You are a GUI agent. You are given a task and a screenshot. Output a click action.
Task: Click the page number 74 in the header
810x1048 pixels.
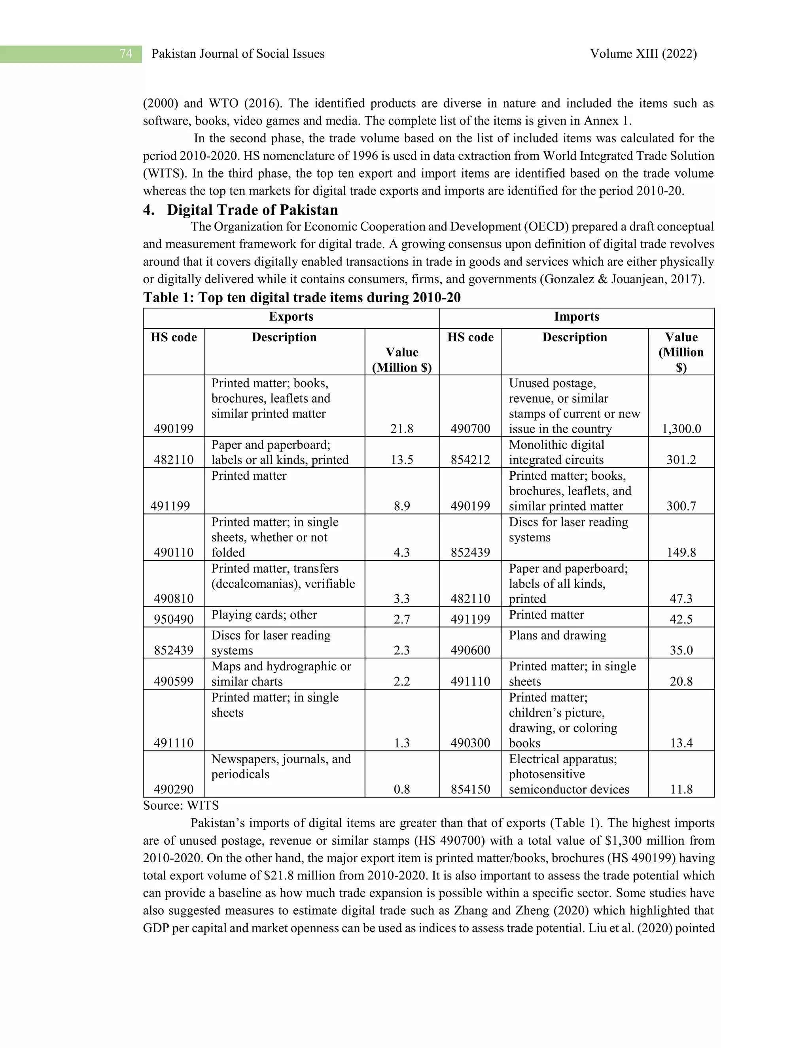(126, 54)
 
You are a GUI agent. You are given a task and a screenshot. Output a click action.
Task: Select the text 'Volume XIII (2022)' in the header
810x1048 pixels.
(643, 54)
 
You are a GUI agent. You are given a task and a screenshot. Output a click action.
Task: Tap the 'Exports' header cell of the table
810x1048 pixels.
(291, 317)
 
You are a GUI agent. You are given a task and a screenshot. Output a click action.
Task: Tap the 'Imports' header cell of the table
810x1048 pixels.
(576, 317)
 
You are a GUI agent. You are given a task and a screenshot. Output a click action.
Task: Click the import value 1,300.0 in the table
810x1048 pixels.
(681, 429)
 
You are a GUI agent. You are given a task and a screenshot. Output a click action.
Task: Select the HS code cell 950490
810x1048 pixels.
(173, 619)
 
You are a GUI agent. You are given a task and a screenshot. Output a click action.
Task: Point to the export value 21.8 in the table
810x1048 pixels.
(402, 429)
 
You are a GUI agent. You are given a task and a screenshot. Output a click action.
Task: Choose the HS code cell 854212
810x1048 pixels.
(470, 460)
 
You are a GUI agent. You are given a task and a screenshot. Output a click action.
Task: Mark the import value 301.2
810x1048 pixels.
(681, 460)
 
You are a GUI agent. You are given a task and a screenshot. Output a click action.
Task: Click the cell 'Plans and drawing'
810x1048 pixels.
(558, 636)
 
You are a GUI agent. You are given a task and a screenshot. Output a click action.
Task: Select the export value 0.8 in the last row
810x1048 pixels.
(402, 789)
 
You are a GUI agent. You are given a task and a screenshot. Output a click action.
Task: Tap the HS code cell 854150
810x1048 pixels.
(470, 789)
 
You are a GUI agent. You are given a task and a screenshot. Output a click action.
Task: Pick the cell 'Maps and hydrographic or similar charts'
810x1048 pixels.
(281, 674)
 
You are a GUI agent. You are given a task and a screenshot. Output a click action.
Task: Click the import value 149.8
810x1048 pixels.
(681, 552)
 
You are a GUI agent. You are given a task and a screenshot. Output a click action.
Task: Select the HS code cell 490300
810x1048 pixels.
(470, 743)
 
